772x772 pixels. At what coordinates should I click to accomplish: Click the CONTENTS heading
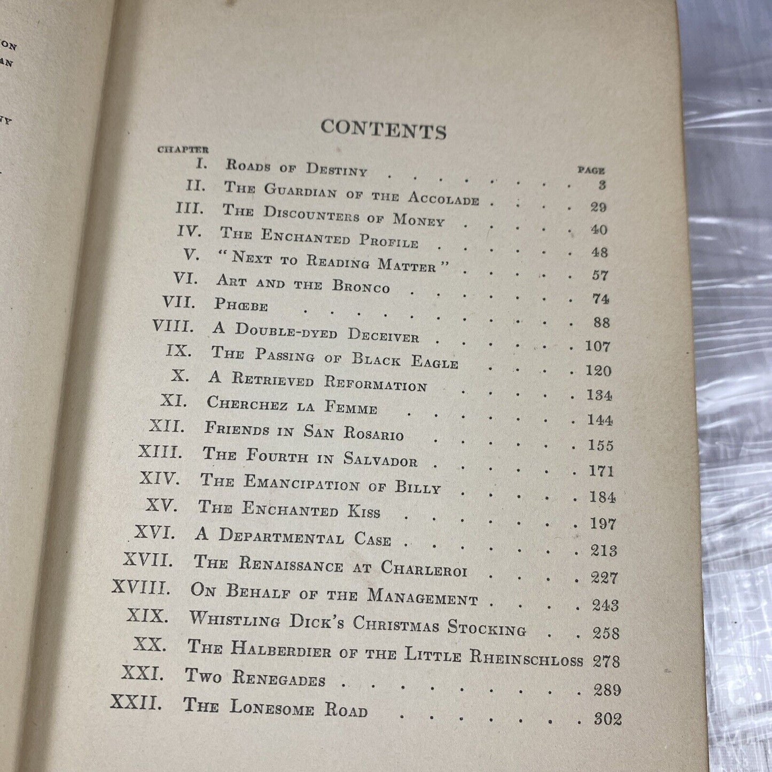384,129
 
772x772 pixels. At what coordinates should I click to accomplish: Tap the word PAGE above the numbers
591,171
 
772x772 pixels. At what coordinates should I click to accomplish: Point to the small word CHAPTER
183,150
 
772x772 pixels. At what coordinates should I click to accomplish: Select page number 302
608,719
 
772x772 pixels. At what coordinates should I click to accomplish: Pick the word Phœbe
240,305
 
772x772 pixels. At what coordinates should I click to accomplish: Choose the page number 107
597,347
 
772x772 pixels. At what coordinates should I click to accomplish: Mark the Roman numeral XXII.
136,701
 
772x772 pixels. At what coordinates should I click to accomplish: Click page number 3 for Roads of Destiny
602,185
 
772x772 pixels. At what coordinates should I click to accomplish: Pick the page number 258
606,633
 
